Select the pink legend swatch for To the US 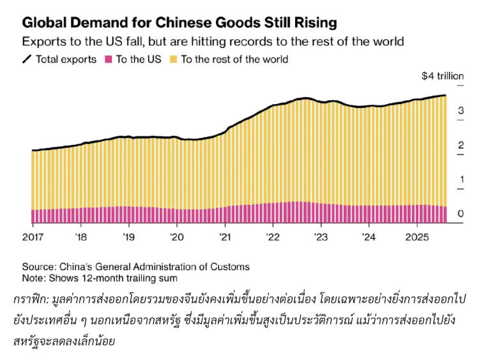click(x=108, y=59)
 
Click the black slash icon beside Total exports click(x=27, y=59)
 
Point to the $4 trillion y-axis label click(x=442, y=76)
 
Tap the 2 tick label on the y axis click(x=461, y=146)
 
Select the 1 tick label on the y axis click(x=461, y=180)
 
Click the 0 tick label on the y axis click(x=461, y=214)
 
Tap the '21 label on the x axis click(x=225, y=237)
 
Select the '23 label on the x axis click(x=320, y=237)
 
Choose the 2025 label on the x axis click(x=416, y=237)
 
